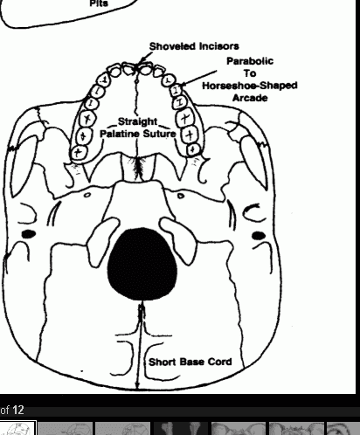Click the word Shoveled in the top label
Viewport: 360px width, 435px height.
pyautogui.click(x=173, y=46)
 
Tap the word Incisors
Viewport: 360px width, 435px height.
pyautogui.click(x=219, y=46)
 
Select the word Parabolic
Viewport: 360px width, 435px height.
pyautogui.click(x=250, y=61)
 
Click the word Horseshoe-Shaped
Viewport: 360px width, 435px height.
pyautogui.click(x=250, y=86)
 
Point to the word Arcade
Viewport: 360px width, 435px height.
pyautogui.click(x=250, y=98)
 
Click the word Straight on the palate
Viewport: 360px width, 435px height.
pyautogui.click(x=137, y=121)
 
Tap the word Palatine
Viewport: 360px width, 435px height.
pyautogui.click(x=119, y=134)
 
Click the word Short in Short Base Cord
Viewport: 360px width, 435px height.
pyautogui.click(x=163, y=362)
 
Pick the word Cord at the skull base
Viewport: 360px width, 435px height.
pyautogui.click(x=219, y=362)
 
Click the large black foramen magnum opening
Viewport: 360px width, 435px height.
pyautogui.click(x=142, y=264)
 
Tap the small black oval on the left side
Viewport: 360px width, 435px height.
pyautogui.click(x=29, y=234)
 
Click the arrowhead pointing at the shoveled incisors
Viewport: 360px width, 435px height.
pyautogui.click(x=142, y=61)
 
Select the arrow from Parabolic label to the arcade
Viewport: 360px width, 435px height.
pyautogui.click(x=198, y=78)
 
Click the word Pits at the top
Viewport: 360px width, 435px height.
pyautogui.click(x=99, y=3)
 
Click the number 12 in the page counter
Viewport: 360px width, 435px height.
pyautogui.click(x=18, y=411)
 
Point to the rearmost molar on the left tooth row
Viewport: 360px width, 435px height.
pyautogui.click(x=79, y=153)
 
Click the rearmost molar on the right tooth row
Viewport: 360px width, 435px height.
pyautogui.click(x=192, y=149)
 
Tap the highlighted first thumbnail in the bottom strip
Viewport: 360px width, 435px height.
pyautogui.click(x=18, y=428)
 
